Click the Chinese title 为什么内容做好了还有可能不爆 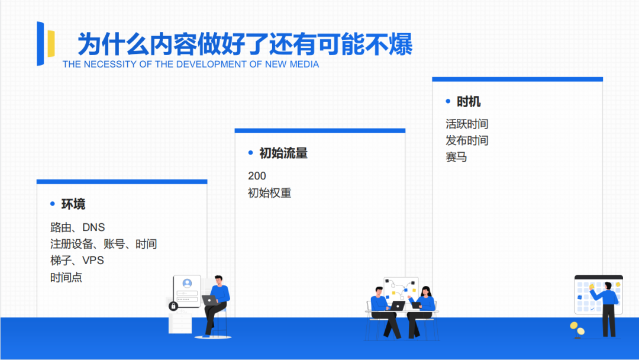(x=245, y=44)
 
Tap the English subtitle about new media (x=191, y=65)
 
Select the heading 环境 (x=73, y=204)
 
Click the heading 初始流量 (x=283, y=153)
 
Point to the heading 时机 (x=469, y=102)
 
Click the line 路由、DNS (x=78, y=227)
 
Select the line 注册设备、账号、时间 (x=104, y=244)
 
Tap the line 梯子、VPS (x=77, y=261)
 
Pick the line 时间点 (x=66, y=277)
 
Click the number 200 (x=257, y=176)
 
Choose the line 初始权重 (x=269, y=193)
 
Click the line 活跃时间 (x=467, y=124)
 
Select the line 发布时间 (x=467, y=141)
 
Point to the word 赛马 (x=456, y=157)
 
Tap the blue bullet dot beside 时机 (x=448, y=102)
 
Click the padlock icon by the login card (x=173, y=306)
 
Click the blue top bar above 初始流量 (x=319, y=131)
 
